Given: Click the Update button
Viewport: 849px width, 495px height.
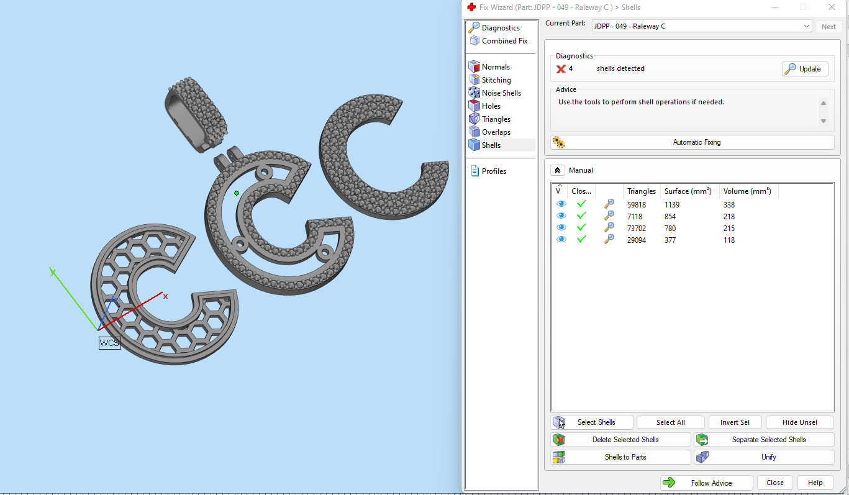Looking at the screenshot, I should tap(805, 69).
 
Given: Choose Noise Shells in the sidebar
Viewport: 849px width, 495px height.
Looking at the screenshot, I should tap(501, 93).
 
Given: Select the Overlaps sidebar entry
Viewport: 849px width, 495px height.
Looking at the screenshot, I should tap(496, 132).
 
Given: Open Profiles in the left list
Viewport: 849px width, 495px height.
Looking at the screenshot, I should tap(493, 171).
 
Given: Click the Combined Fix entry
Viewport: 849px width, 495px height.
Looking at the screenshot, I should tap(504, 41).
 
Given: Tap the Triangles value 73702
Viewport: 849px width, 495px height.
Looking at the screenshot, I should tap(637, 229).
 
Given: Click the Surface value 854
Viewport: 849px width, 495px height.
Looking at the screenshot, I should tap(670, 217).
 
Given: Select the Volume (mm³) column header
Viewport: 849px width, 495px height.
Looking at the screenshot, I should tap(747, 191).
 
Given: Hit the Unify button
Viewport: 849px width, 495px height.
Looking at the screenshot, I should tap(764, 457).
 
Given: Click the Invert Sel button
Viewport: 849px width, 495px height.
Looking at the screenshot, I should tap(735, 422).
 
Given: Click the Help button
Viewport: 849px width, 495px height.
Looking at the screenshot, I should tap(815, 483).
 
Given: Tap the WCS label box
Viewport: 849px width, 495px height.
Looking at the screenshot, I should tap(109, 343).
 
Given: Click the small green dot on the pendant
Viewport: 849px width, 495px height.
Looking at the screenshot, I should tap(237, 193).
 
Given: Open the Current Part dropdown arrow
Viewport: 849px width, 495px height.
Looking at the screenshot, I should tap(806, 26).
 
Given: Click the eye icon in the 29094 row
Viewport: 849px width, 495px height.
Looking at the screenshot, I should tap(561, 240).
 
